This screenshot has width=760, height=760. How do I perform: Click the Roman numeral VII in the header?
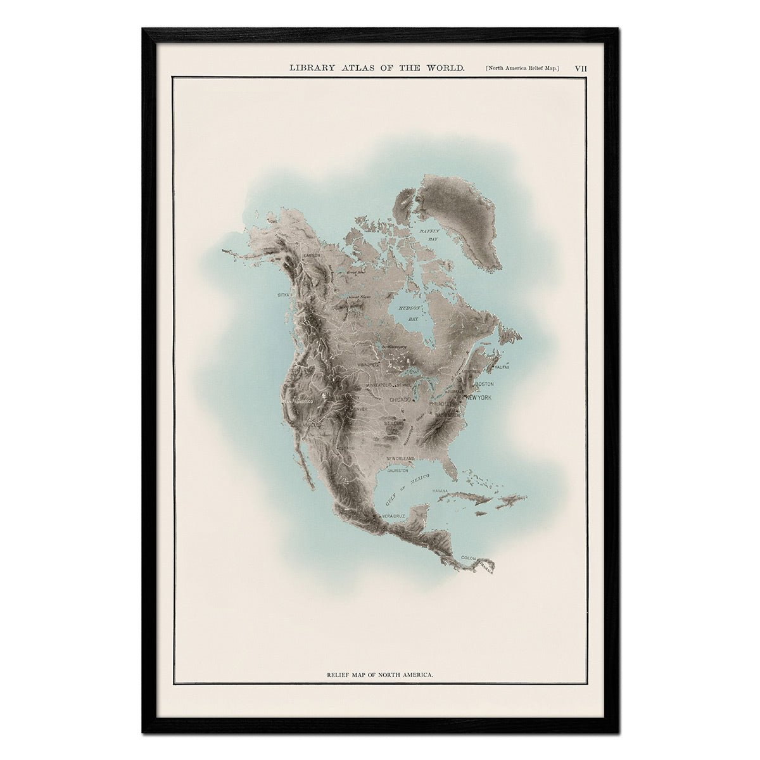tap(580, 68)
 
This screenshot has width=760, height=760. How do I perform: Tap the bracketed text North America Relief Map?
tap(523, 68)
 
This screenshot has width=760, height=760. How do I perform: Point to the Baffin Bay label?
tap(429, 236)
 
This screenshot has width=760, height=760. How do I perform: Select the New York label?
tap(479, 398)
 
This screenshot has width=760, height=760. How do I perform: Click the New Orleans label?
tap(400, 458)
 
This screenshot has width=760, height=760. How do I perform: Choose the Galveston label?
tap(395, 471)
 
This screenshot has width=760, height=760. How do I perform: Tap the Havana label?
tap(440, 491)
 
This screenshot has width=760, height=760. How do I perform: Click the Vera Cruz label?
tap(393, 517)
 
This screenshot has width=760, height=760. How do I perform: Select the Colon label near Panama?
tap(469, 557)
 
